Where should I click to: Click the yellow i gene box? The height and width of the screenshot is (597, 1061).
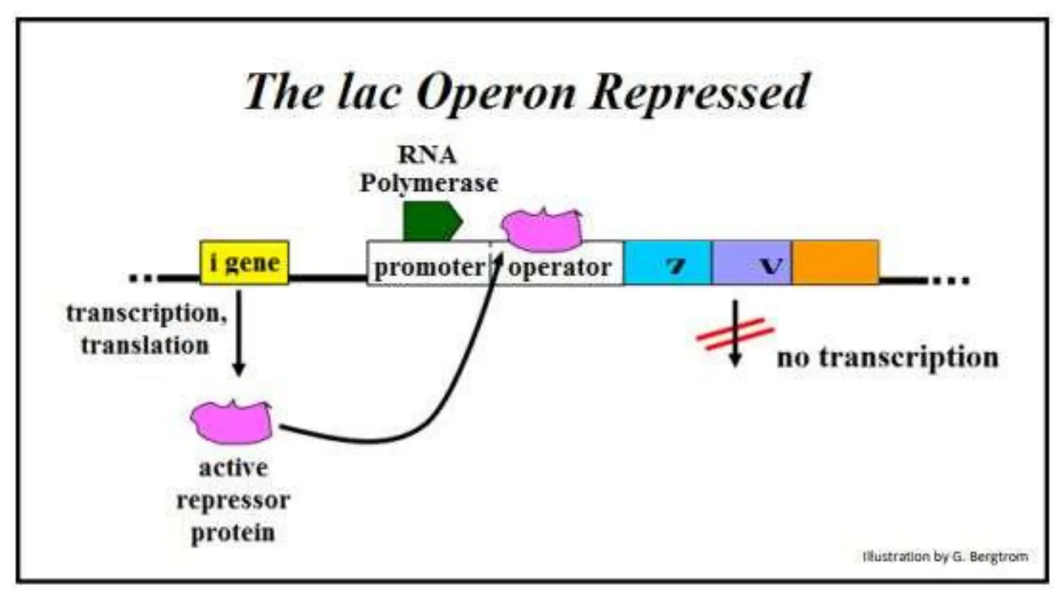(244, 262)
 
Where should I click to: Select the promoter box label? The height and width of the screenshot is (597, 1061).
(429, 267)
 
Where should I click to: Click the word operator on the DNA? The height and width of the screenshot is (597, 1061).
(560, 267)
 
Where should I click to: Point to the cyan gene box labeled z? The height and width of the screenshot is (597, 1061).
(667, 263)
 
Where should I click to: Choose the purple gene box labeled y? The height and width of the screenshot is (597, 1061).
(751, 263)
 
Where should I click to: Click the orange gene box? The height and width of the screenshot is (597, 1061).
(835, 262)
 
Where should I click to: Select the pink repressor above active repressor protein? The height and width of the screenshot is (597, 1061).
(232, 423)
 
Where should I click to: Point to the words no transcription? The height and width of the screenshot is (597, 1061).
(887, 357)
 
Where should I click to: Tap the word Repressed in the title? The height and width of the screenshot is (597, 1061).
(699, 92)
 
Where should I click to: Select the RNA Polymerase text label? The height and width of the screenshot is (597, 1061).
(428, 169)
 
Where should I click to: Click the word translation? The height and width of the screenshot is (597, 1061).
(145, 345)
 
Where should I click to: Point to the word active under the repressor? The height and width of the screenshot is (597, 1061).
(233, 467)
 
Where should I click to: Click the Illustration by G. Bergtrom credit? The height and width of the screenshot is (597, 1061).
(944, 557)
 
